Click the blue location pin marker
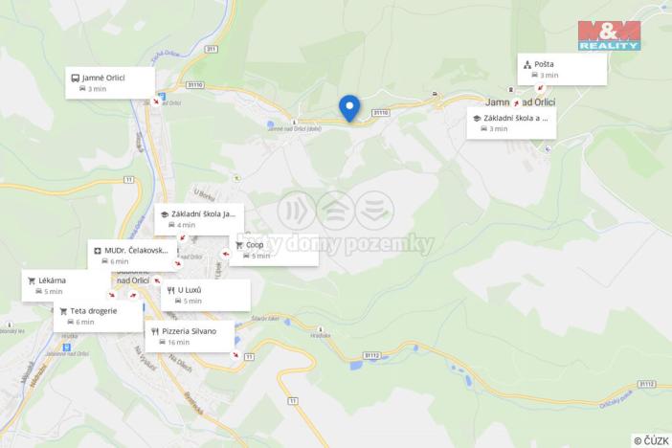(349, 107)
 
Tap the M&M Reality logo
(609, 34)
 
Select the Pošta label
(545, 64)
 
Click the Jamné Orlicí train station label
(105, 77)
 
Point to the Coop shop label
(255, 245)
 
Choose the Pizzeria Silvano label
(190, 331)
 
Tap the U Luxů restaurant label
(190, 289)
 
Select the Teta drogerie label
(94, 311)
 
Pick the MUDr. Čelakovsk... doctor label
(136, 250)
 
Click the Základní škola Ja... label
(203, 214)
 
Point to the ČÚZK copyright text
(651, 440)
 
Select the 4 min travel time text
(186, 225)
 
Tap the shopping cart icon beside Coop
(239, 245)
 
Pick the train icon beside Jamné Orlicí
(76, 77)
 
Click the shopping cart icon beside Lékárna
(32, 280)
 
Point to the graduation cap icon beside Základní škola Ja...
(165, 214)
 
